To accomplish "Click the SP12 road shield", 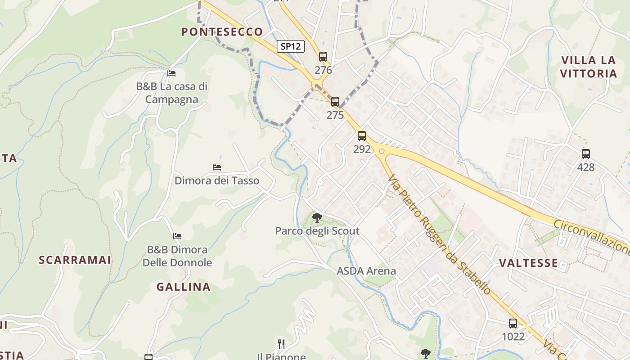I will [x=291, y=46].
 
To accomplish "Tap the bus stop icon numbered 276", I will [x=323, y=57].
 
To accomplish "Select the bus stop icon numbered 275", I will [x=335, y=102].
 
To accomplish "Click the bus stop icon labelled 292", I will [x=362, y=136].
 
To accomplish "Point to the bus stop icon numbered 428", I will [x=585, y=154].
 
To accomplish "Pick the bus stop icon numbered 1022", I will [x=513, y=323].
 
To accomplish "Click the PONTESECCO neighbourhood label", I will [x=222, y=31].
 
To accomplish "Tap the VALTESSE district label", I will [x=529, y=263].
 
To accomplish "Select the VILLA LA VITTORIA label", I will [x=589, y=67].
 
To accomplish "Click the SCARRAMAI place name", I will [x=75, y=260].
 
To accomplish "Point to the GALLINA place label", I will [x=183, y=287].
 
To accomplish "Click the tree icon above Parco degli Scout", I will [x=317, y=218].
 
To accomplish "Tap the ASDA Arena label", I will [x=366, y=271].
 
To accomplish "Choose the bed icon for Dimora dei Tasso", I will [x=217, y=167].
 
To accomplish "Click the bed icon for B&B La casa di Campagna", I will [x=171, y=73].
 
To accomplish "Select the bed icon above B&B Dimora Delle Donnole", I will [x=177, y=236].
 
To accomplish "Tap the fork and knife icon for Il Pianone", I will [x=281, y=344].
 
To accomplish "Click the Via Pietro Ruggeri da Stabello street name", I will [x=439, y=234].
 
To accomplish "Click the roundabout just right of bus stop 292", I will [x=382, y=151].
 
